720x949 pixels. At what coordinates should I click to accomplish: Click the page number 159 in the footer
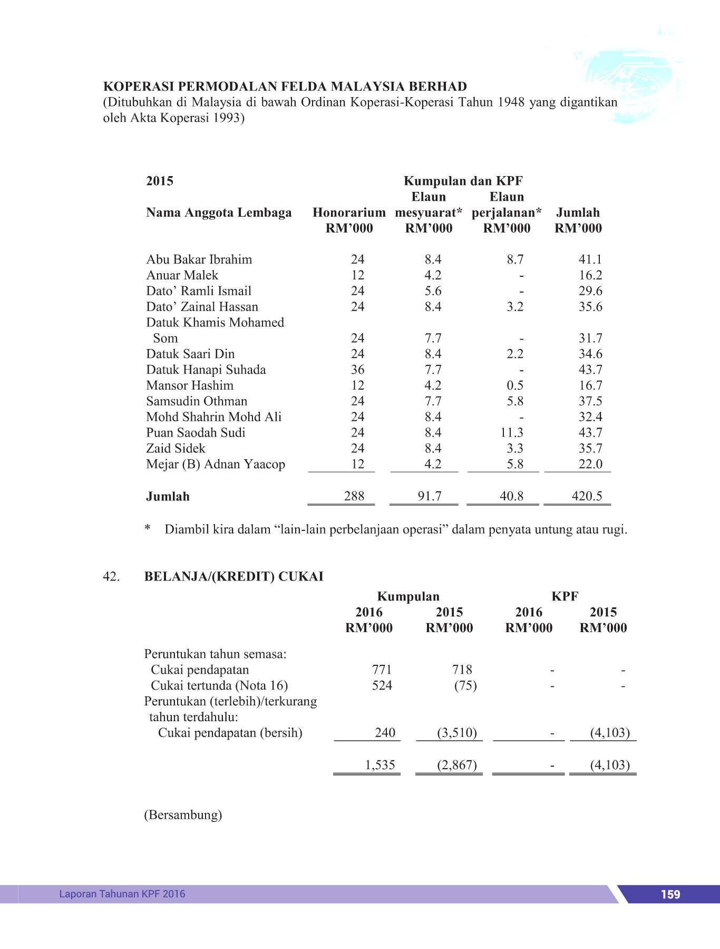click(x=670, y=894)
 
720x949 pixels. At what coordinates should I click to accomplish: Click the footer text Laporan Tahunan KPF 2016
click(x=122, y=894)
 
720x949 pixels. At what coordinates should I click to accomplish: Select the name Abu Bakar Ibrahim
click(x=199, y=259)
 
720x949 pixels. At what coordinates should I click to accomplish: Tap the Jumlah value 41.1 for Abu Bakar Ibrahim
click(x=590, y=259)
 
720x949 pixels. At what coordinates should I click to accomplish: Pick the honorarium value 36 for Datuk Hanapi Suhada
click(x=357, y=370)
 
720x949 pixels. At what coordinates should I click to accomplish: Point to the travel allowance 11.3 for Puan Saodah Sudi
click(x=511, y=433)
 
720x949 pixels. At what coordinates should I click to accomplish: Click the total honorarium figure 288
click(x=354, y=496)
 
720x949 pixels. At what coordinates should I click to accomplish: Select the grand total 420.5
click(x=587, y=496)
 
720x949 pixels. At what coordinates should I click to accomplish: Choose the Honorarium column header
click(x=349, y=213)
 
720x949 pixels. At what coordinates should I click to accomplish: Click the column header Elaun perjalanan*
click(x=507, y=205)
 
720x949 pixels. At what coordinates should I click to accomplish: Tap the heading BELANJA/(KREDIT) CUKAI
click(x=233, y=576)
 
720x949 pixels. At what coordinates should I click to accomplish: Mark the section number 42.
click(x=111, y=576)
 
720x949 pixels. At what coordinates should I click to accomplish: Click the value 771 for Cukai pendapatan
click(x=382, y=670)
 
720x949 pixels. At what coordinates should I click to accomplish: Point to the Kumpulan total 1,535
click(x=380, y=765)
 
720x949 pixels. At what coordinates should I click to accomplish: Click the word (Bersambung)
click(x=183, y=815)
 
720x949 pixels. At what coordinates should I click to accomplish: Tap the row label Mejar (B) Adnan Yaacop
click(x=216, y=464)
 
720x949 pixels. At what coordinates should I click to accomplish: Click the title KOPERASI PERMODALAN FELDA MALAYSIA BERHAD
click(x=285, y=86)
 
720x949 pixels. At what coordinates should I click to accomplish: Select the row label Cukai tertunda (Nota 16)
click(x=219, y=685)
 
